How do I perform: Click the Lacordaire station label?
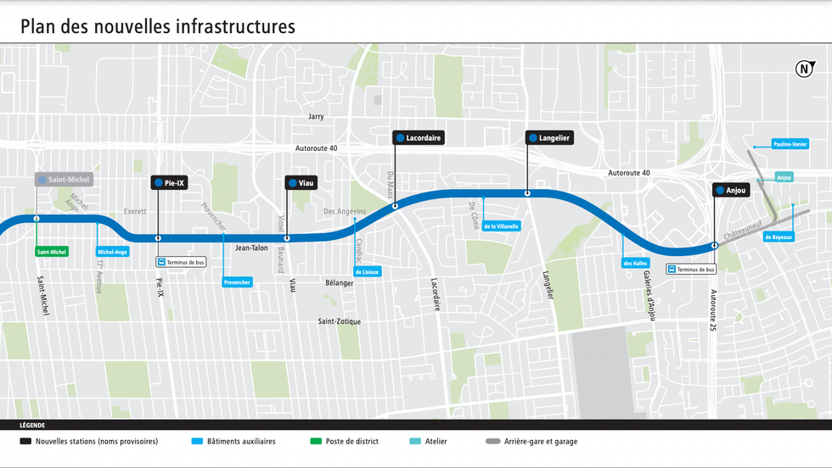[419, 137]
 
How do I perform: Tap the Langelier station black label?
[549, 137]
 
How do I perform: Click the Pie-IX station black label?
[169, 182]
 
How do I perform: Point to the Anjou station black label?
[731, 191]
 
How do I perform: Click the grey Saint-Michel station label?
[63, 180]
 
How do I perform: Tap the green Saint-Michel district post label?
[52, 252]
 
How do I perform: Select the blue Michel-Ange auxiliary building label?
[113, 252]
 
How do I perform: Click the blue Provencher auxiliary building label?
[237, 281]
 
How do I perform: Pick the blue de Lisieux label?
[367, 272]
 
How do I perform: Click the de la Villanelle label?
[501, 226]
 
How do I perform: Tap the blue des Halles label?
[636, 263]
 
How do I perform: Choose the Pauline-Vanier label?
[790, 145]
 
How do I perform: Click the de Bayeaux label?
[779, 237]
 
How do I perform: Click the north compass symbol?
[803, 70]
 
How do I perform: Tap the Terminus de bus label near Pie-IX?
[180, 263]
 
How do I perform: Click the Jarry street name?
[316, 116]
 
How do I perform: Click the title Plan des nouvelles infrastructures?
[158, 26]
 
